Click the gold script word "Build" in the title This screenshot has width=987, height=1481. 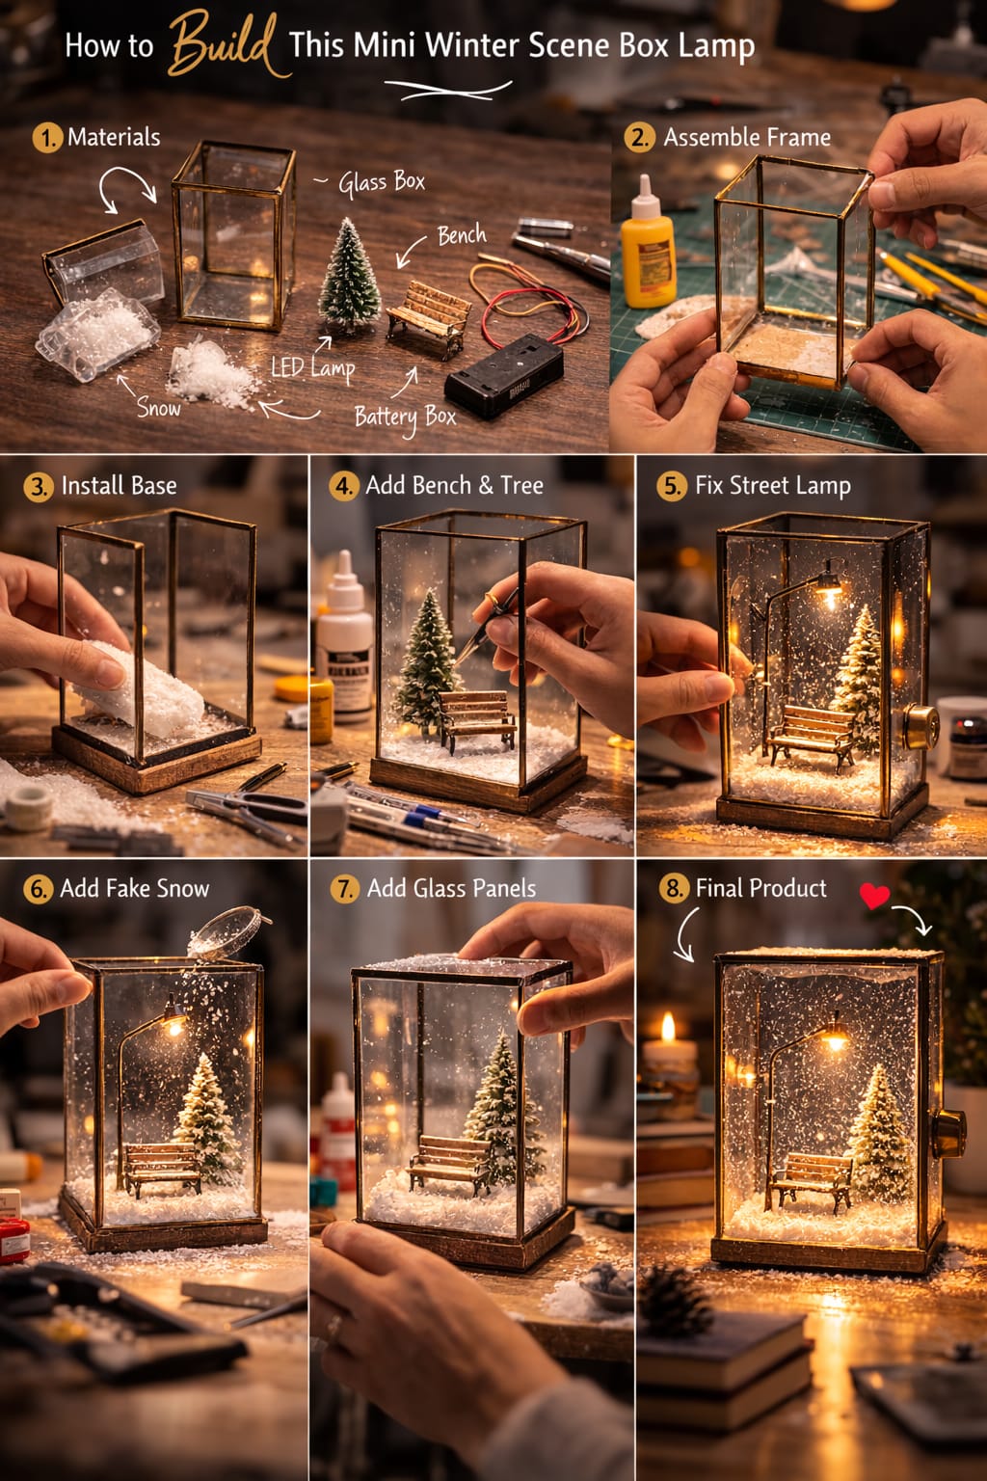point(224,44)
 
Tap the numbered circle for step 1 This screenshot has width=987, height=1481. point(46,138)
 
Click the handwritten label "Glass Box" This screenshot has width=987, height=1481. point(382,181)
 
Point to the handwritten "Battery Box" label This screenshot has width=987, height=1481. point(405,417)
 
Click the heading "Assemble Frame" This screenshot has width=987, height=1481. point(747,138)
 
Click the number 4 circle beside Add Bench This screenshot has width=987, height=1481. point(344,486)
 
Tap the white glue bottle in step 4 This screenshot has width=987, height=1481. point(344,636)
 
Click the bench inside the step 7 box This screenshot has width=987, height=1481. point(448,1162)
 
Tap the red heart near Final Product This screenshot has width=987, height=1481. point(874,896)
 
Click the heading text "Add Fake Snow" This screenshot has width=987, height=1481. point(134,889)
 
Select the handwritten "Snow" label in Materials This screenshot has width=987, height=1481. point(158,408)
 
